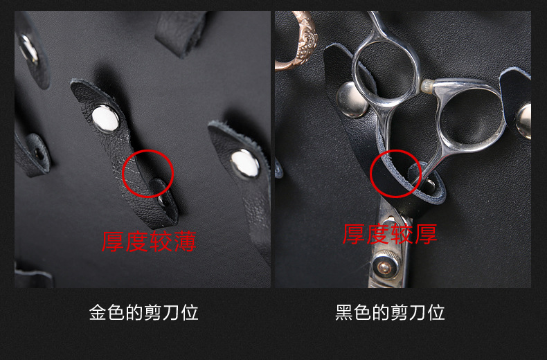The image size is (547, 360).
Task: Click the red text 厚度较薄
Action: pyautogui.click(x=149, y=242)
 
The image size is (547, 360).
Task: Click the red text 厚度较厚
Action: pyautogui.click(x=390, y=234)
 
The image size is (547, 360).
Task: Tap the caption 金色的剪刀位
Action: pyautogui.click(x=144, y=312)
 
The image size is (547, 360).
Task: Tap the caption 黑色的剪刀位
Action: pyautogui.click(x=390, y=312)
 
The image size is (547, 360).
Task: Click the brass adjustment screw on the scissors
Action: pyautogui.click(x=385, y=267)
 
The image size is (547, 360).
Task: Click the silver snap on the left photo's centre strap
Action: pyautogui.click(x=105, y=119)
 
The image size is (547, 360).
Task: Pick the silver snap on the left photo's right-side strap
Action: pyautogui.click(x=245, y=163)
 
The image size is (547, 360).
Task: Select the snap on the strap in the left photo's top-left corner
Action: pyautogui.click(x=28, y=50)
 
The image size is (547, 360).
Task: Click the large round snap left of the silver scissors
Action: pyautogui.click(x=352, y=99)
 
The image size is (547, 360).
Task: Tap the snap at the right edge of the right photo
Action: pyautogui.click(x=524, y=120)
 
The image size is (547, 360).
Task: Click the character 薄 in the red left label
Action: pyautogui.click(x=186, y=242)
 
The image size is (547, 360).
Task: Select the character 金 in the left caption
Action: pyautogui.click(x=98, y=312)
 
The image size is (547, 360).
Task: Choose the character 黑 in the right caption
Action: pyautogui.click(x=344, y=312)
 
